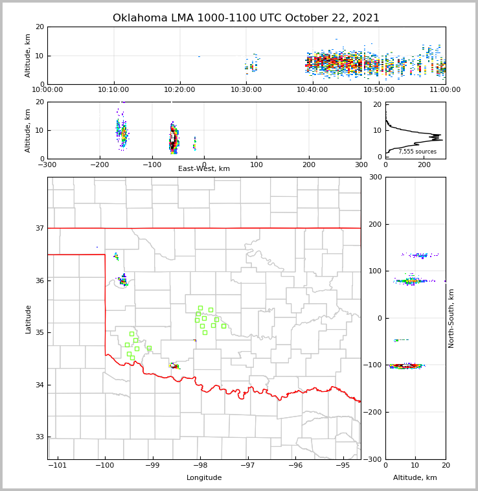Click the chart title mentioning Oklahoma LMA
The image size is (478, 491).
[x=246, y=18]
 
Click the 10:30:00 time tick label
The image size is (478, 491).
[x=246, y=89]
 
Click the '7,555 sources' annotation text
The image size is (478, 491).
[x=417, y=152]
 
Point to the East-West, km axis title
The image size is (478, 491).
[x=204, y=169]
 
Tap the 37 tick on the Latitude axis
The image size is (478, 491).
[x=40, y=228]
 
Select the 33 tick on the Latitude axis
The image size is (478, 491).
[x=40, y=437]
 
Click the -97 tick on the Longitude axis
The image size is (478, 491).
[x=247, y=465]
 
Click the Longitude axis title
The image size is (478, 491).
[x=204, y=478]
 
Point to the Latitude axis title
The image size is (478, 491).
[x=28, y=319]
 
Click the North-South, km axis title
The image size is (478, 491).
[x=451, y=318]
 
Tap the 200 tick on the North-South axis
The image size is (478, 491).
[x=376, y=224]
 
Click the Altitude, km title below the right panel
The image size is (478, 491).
[x=415, y=478]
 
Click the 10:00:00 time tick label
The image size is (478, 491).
[x=48, y=89]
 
